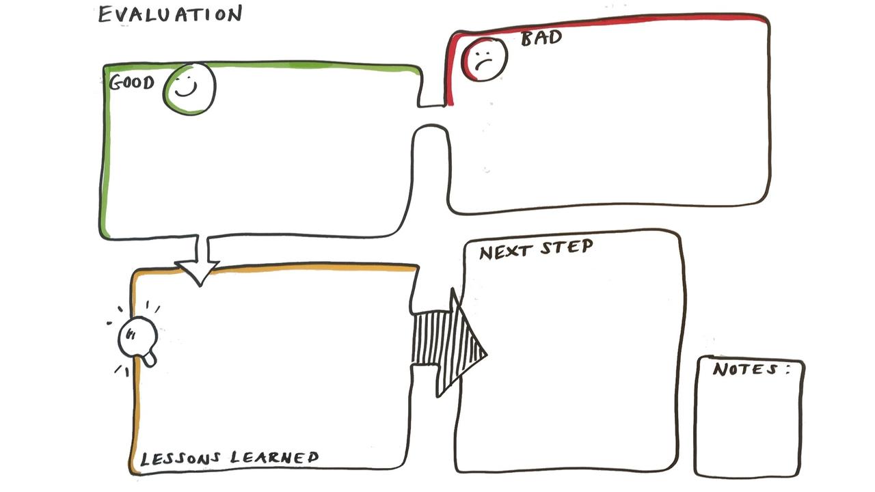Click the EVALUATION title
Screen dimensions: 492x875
(170, 14)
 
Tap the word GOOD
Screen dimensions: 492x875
(131, 83)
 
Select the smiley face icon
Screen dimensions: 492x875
(189, 89)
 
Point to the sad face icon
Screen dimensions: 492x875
(485, 59)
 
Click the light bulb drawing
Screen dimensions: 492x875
(137, 338)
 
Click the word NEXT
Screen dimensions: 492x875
(505, 251)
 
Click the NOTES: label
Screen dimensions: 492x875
(751, 370)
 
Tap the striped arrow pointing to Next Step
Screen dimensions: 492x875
(448, 342)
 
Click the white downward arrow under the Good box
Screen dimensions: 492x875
(198, 263)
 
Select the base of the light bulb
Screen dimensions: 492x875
(149, 357)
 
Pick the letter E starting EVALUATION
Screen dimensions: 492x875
(105, 14)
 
